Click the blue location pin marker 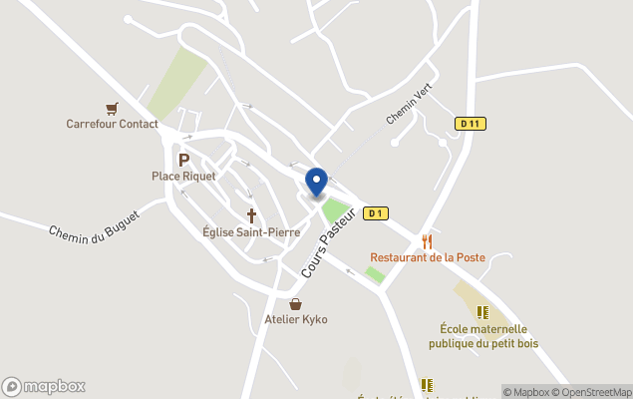click(316, 183)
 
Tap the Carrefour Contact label click(113, 125)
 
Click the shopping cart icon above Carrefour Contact click(113, 109)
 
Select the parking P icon click(183, 160)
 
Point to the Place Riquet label click(183, 177)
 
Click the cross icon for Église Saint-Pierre click(251, 215)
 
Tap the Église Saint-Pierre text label click(251, 232)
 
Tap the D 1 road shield click(375, 212)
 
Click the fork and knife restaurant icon click(428, 241)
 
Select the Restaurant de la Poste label click(428, 257)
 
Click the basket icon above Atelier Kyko click(295, 303)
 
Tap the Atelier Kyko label click(295, 319)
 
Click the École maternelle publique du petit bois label click(483, 336)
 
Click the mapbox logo click(44, 386)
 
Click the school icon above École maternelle click(483, 312)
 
